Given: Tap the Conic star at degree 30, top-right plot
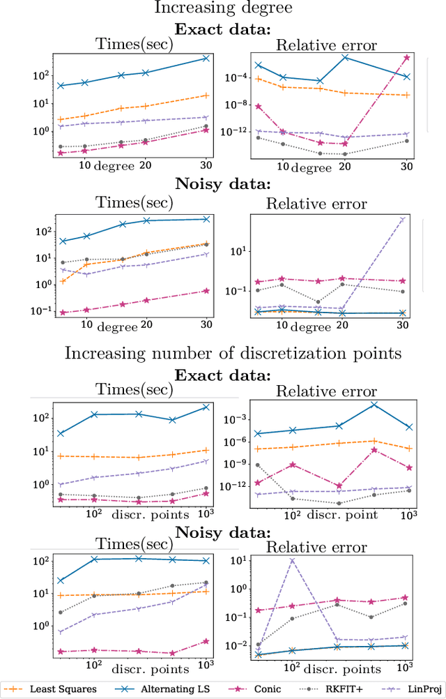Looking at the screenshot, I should [407, 58].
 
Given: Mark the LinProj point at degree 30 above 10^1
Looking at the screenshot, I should [403, 219].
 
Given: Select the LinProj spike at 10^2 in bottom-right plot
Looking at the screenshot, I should [292, 560].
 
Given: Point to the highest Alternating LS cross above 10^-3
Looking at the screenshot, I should [375, 405].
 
